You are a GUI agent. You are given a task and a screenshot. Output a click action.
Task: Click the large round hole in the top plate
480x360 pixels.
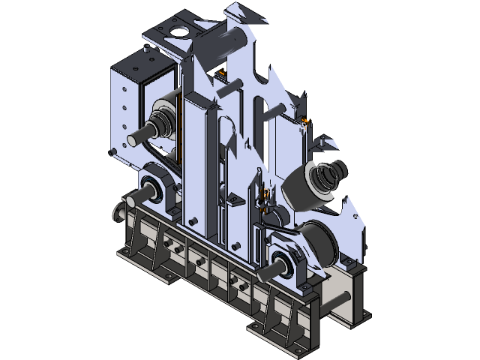179,31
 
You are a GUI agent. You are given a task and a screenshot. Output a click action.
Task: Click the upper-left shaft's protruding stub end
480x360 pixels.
136,139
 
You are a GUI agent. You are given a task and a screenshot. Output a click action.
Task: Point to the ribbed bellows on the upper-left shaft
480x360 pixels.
160,122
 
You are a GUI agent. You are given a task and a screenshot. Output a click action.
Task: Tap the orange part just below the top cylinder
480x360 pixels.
222,73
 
